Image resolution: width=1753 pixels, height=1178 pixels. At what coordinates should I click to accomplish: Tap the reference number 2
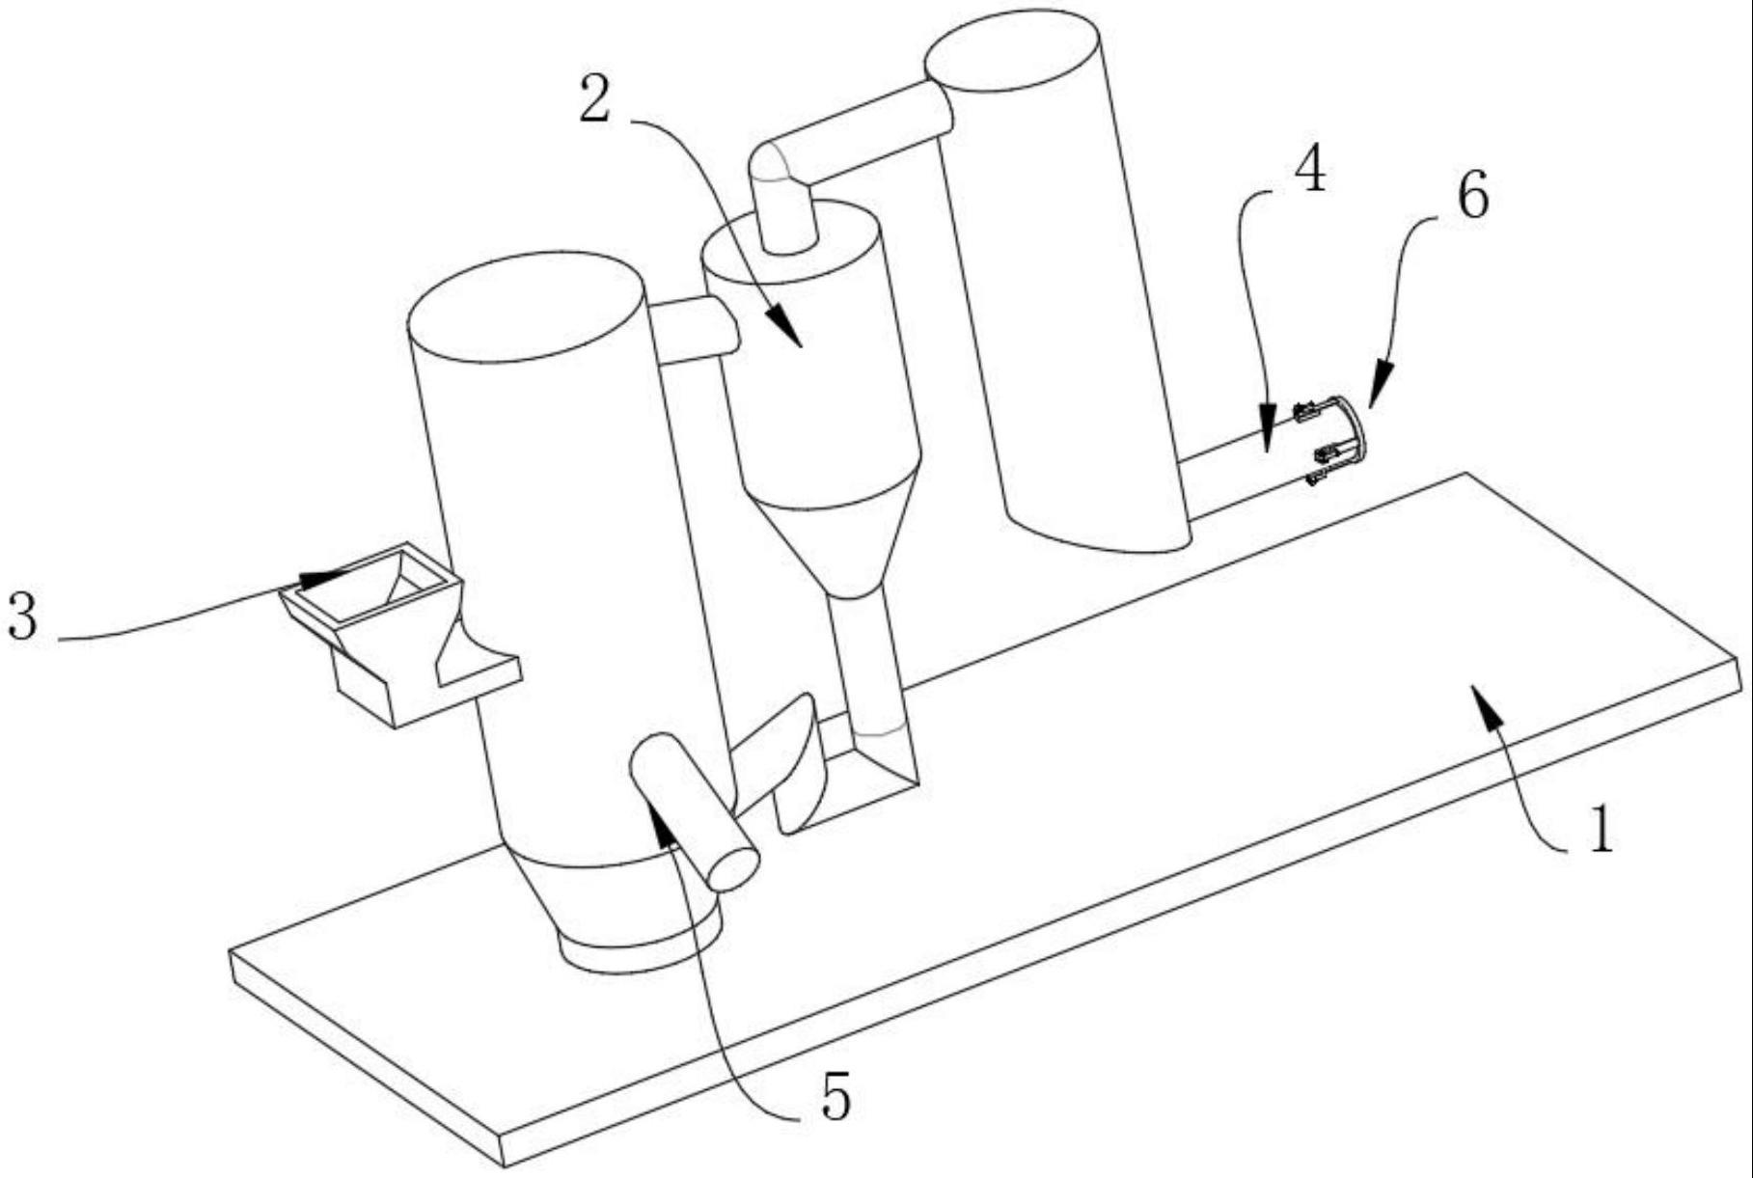click(595, 100)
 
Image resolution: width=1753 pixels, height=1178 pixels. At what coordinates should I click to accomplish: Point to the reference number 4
click(1309, 172)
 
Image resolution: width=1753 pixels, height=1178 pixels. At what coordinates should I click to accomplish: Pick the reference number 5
click(835, 1097)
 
